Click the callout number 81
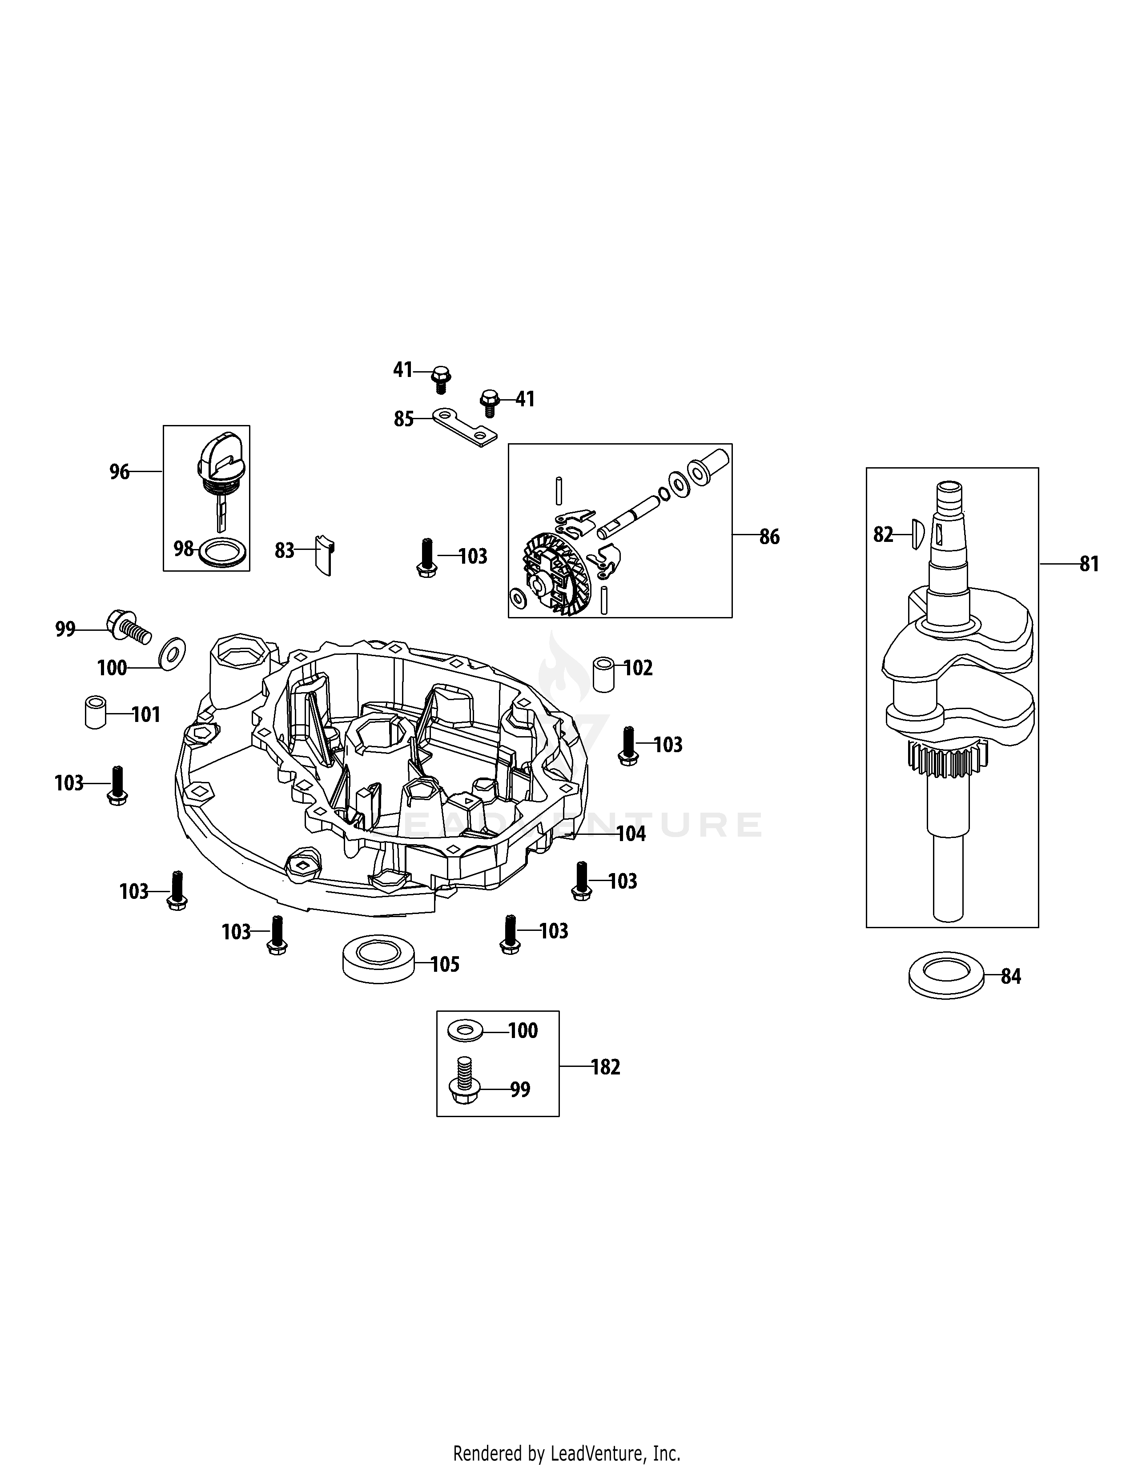[1089, 564]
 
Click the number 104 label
[631, 834]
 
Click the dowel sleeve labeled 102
[603, 675]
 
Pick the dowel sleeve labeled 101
[96, 713]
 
